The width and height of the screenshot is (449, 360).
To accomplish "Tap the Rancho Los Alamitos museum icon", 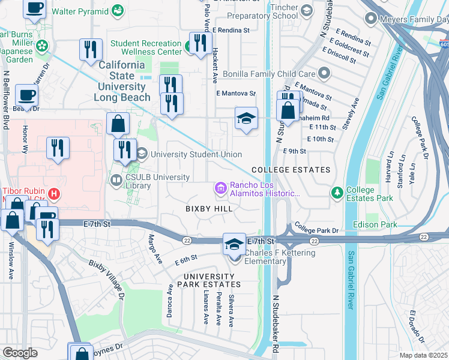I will click(x=220, y=189).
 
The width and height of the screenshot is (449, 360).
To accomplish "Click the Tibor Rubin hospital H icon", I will click(x=55, y=194).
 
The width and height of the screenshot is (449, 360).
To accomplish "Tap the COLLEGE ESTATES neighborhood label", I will click(x=291, y=170).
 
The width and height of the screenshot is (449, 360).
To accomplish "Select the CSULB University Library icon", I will click(x=115, y=179).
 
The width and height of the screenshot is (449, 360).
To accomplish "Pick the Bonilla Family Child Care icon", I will click(x=324, y=73).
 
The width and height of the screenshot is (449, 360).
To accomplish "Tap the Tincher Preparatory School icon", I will click(x=306, y=10).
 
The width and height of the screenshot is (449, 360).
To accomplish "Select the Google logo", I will click(x=20, y=353).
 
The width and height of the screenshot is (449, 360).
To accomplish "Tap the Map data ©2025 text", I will click(x=424, y=355).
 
